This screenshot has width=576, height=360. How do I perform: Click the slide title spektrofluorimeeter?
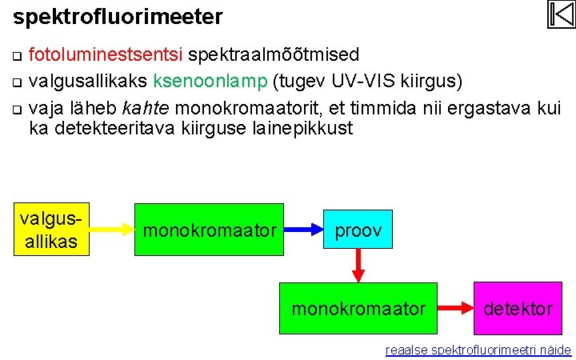(x=118, y=15)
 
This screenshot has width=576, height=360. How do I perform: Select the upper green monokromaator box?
(x=209, y=230)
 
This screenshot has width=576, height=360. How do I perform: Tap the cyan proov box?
(x=358, y=230)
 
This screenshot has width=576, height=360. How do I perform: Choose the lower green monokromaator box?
(x=358, y=308)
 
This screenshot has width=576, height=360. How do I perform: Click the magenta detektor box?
(x=518, y=308)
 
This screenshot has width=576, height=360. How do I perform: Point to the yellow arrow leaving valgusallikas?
(x=111, y=230)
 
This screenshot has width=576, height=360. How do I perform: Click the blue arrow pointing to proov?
(x=303, y=230)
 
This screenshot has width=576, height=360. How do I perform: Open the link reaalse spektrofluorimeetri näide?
(x=478, y=350)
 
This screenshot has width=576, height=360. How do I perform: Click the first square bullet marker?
(x=17, y=56)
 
